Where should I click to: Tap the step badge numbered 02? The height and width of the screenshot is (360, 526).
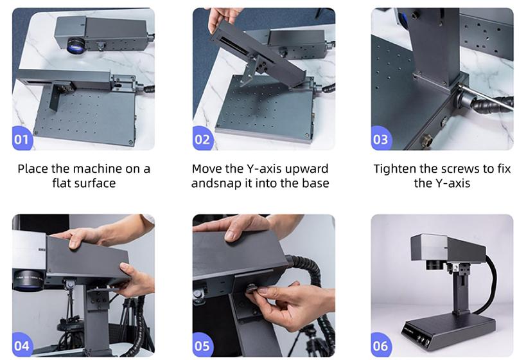point(202,138)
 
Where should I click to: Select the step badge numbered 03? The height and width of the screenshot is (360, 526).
point(381,138)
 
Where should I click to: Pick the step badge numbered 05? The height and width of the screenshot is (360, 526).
point(202,345)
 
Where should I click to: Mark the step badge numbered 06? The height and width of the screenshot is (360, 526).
point(381,345)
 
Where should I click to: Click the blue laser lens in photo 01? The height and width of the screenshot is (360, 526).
point(76,46)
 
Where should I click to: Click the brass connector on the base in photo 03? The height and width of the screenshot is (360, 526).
point(426,139)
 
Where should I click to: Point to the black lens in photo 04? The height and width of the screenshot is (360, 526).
point(28,280)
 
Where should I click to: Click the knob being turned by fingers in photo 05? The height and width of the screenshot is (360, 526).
point(252,289)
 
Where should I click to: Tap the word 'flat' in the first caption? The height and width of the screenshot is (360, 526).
point(62,183)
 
